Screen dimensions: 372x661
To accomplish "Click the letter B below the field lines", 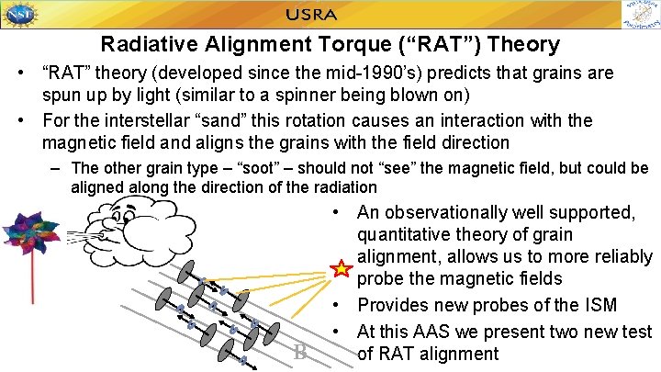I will [300, 351].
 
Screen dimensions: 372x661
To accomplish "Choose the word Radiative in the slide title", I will [141, 44].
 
